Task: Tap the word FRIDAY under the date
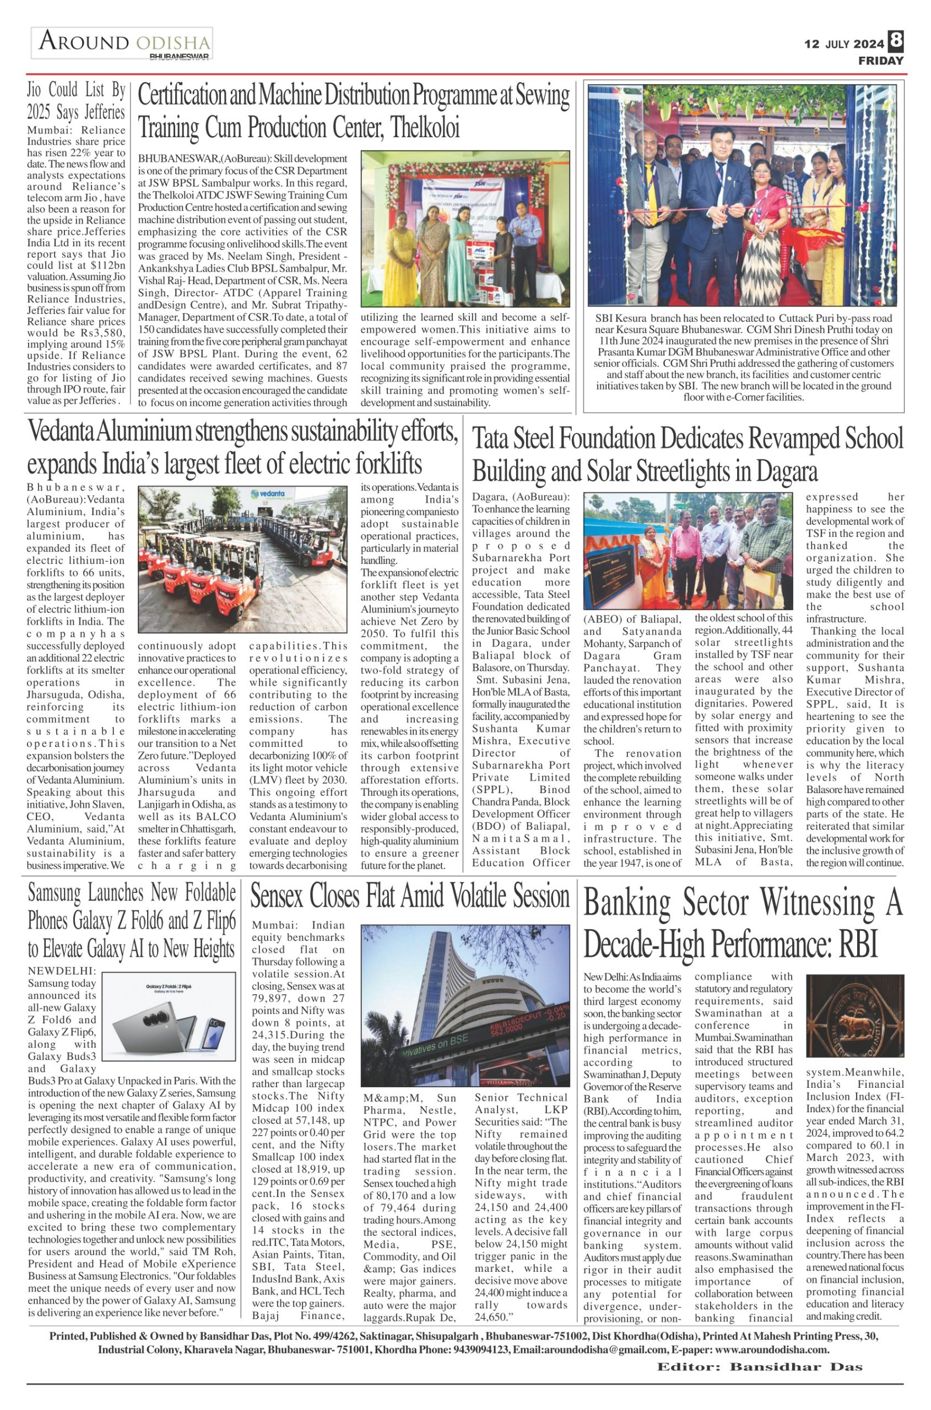pyautogui.click(x=881, y=61)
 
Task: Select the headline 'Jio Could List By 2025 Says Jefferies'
pyautogui.click(x=76, y=101)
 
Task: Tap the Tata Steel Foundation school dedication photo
pyautogui.click(x=688, y=551)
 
